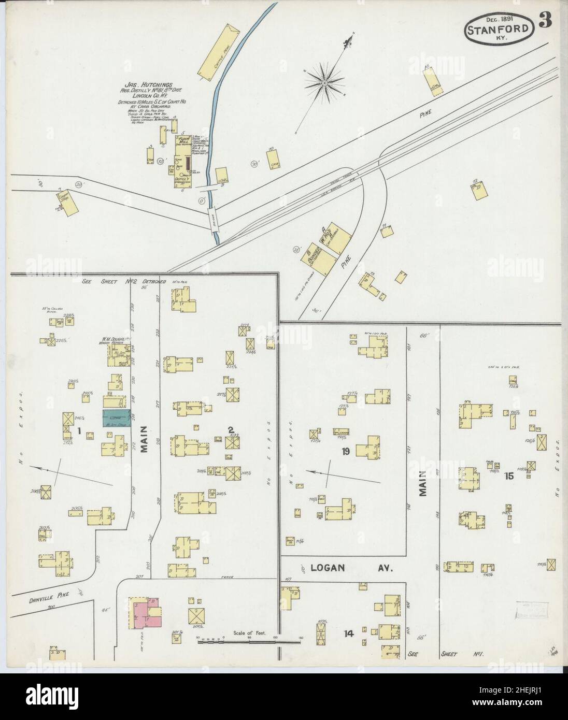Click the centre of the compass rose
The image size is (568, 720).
[324, 82]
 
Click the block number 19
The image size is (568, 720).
[345, 452]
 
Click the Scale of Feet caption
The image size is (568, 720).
[250, 633]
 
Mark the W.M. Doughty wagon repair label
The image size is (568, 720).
[117, 342]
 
